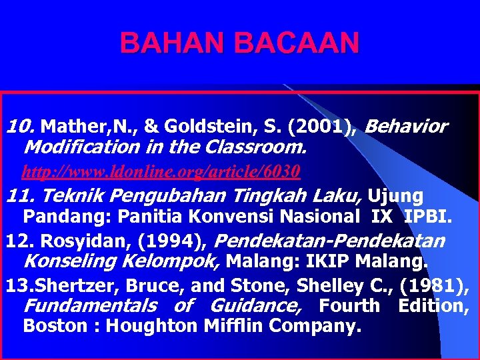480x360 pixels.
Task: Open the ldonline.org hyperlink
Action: pyautogui.click(x=161, y=172)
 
